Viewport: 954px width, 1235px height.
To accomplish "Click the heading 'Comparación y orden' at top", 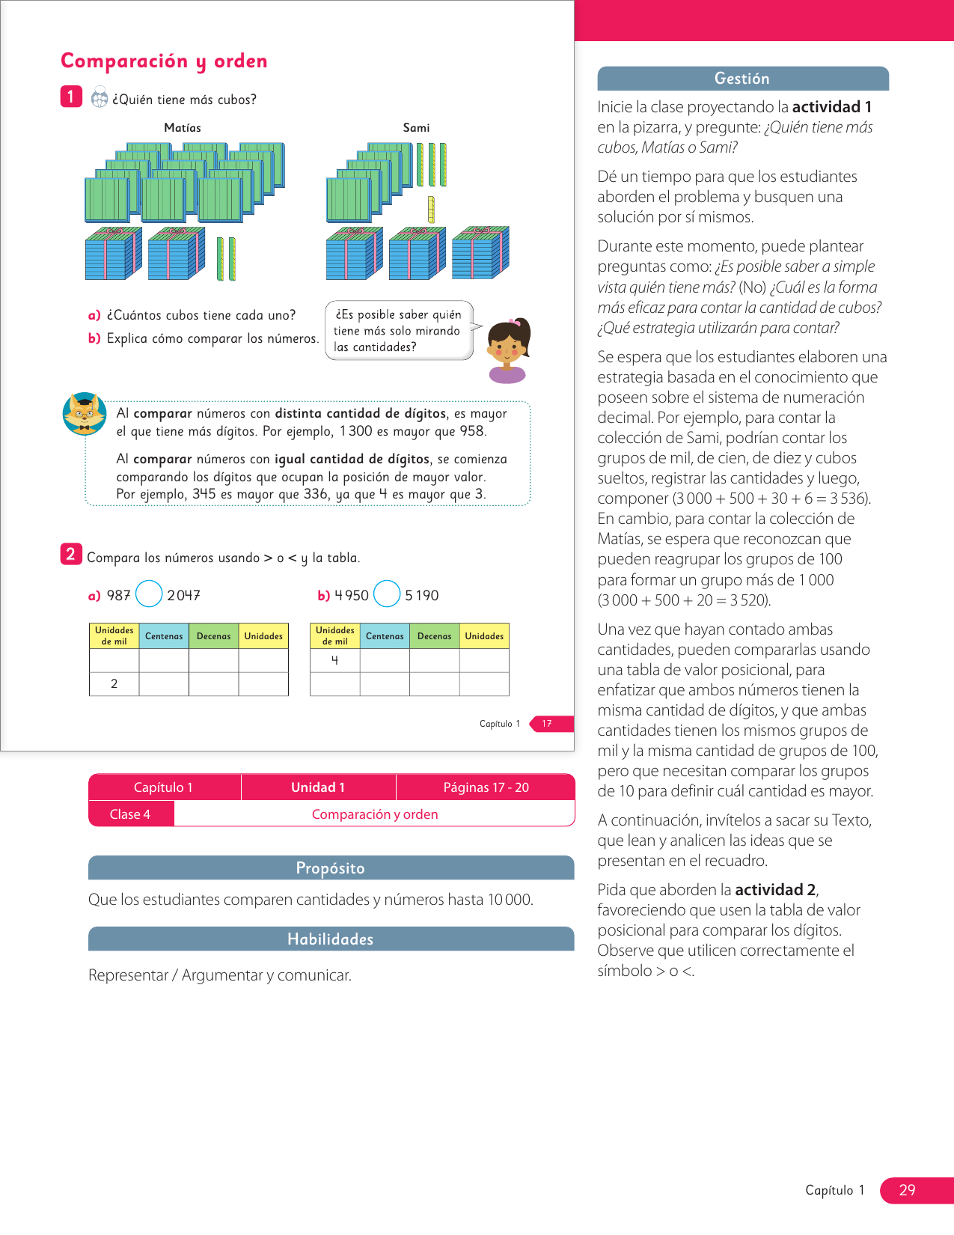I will point(164,61).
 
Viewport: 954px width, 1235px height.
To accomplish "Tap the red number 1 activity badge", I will point(71,97).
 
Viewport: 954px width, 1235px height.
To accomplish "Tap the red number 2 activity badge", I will point(70,554).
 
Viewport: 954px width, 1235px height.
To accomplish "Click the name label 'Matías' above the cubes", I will point(183,128).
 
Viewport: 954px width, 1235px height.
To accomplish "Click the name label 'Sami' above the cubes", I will point(416,128).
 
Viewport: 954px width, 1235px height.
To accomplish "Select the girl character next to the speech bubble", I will point(508,350).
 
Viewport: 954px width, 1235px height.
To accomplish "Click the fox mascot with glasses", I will point(84,413).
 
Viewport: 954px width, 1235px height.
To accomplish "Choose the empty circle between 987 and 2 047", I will point(149,594).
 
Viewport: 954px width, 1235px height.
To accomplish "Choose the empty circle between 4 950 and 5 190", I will point(387,594).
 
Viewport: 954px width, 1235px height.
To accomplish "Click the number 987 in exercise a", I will point(118,596).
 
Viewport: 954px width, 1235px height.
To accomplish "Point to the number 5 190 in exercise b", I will point(422,596).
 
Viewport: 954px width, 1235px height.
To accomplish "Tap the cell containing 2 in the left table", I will point(114,684).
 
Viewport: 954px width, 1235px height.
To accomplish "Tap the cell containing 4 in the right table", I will point(334,660).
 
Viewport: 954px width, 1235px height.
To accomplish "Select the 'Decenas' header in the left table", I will point(213,636).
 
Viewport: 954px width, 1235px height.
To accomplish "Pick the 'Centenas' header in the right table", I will point(385,636).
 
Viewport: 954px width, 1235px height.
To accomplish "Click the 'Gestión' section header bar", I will point(742,79).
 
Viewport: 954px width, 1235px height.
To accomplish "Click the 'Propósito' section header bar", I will point(331,868).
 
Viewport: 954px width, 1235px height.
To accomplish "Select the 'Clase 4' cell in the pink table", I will point(130,814).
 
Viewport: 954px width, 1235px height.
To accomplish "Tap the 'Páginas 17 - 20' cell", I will point(486,787).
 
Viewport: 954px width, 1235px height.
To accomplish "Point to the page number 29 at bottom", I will point(907,1190).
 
